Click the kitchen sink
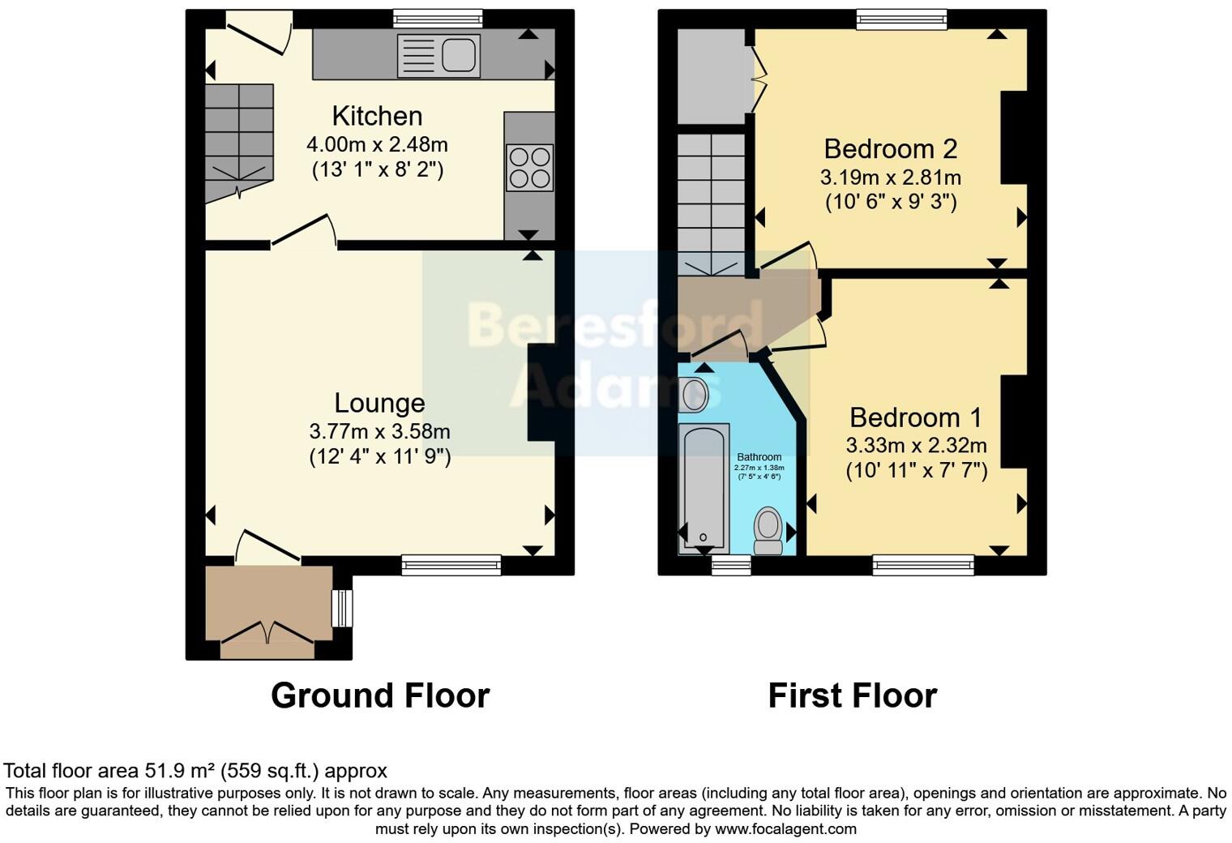click(438, 56)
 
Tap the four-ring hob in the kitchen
click(530, 168)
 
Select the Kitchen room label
click(377, 116)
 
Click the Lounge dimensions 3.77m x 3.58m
click(379, 431)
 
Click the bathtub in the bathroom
click(704, 488)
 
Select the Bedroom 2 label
click(890, 149)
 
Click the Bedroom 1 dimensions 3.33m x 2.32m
click(916, 445)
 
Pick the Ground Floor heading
click(379, 695)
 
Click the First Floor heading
click(852, 695)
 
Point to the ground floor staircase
click(238, 142)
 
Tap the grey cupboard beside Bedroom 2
click(710, 77)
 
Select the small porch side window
click(343, 608)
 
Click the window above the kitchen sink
click(438, 19)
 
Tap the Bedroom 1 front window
click(923, 564)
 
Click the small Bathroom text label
click(759, 457)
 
